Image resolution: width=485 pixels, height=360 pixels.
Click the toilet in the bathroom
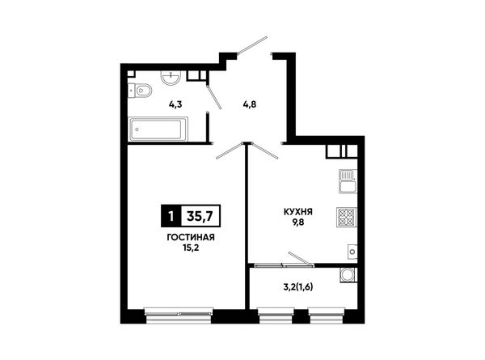(x=140, y=91)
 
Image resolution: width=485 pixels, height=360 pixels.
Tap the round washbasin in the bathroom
(x=171, y=77)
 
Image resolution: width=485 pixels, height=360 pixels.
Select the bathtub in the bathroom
(x=158, y=129)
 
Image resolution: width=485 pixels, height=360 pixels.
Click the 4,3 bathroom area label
(x=175, y=104)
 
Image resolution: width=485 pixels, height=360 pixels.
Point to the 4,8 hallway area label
(x=249, y=104)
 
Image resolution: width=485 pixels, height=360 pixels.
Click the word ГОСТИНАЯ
(x=191, y=237)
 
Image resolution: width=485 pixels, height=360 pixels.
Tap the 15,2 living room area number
(x=191, y=248)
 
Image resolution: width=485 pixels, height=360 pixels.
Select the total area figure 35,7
(x=200, y=216)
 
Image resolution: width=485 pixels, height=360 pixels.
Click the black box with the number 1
(x=171, y=216)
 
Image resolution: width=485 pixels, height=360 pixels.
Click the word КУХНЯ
(x=298, y=212)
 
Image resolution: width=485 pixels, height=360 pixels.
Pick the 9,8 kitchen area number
(x=298, y=222)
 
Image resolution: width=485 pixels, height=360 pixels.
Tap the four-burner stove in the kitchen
(x=347, y=218)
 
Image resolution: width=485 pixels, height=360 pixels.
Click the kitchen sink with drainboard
(x=348, y=181)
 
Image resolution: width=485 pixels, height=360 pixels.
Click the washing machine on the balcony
(x=348, y=275)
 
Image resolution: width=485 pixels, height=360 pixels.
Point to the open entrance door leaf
(x=252, y=45)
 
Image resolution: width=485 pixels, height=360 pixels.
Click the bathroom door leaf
(x=213, y=97)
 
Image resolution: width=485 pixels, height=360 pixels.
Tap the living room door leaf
(x=230, y=150)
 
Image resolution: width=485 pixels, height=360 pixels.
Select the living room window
(x=179, y=312)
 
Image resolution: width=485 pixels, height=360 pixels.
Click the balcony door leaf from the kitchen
(x=301, y=259)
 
